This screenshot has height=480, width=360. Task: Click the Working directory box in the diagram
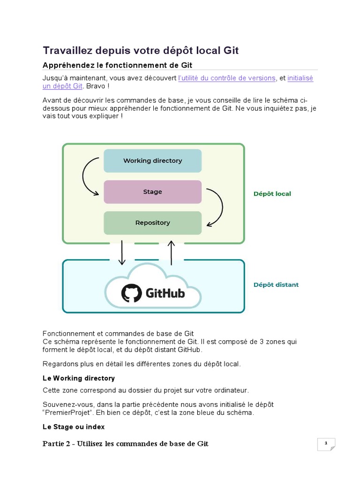pyautogui.click(x=152, y=161)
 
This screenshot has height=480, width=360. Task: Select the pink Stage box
pyautogui.click(x=152, y=192)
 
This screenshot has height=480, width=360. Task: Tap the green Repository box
pyautogui.click(x=152, y=223)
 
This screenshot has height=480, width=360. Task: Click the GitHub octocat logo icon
pyautogui.click(x=131, y=293)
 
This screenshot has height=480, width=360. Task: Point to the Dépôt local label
pyautogui.click(x=272, y=194)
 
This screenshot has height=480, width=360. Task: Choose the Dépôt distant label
pyautogui.click(x=276, y=285)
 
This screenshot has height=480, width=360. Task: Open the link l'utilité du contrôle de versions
pyautogui.click(x=227, y=78)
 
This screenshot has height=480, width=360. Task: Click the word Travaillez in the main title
pyautogui.click(x=68, y=50)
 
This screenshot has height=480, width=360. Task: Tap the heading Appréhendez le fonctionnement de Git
pyautogui.click(x=117, y=65)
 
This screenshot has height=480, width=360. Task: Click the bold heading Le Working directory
pyautogui.click(x=78, y=378)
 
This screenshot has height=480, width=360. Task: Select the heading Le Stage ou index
pyautogui.click(x=74, y=427)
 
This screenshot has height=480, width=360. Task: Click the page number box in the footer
pyautogui.click(x=326, y=443)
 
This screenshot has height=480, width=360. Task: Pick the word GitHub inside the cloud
pyautogui.click(x=165, y=293)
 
